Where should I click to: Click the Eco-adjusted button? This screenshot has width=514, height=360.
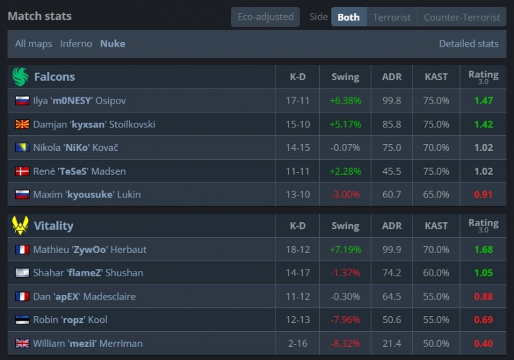pyautogui.click(x=265, y=16)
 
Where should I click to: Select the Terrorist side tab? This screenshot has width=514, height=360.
pyautogui.click(x=392, y=17)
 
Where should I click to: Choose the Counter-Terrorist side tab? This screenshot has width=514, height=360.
pyautogui.click(x=462, y=17)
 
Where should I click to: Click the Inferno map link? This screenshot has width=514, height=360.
pyautogui.click(x=76, y=43)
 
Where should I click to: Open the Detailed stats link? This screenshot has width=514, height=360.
pyautogui.click(x=469, y=43)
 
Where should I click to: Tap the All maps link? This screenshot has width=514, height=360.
pyautogui.click(x=34, y=43)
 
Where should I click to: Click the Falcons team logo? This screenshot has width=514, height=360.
pyautogui.click(x=21, y=77)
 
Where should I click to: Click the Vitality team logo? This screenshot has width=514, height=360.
pyautogui.click(x=21, y=226)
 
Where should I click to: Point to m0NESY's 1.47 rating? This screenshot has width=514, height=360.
pyautogui.click(x=483, y=101)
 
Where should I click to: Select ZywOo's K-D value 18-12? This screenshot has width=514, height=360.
pyautogui.click(x=298, y=250)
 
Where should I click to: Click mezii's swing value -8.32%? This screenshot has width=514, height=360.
pyautogui.click(x=345, y=343)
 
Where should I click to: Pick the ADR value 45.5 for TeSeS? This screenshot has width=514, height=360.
pyautogui.click(x=392, y=171)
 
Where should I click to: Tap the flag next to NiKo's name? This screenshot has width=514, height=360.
pyautogui.click(x=22, y=148)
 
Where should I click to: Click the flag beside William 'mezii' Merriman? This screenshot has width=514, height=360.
pyautogui.click(x=22, y=343)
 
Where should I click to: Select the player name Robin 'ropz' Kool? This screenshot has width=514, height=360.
pyautogui.click(x=70, y=320)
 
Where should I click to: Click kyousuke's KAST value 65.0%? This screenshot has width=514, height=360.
pyautogui.click(x=437, y=195)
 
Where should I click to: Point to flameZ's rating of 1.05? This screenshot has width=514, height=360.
pyautogui.click(x=483, y=273)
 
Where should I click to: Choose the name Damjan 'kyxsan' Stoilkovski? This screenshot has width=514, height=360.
pyautogui.click(x=94, y=125)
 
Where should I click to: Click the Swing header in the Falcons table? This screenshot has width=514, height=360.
pyautogui.click(x=345, y=77)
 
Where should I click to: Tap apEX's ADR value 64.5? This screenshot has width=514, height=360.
pyautogui.click(x=392, y=296)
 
